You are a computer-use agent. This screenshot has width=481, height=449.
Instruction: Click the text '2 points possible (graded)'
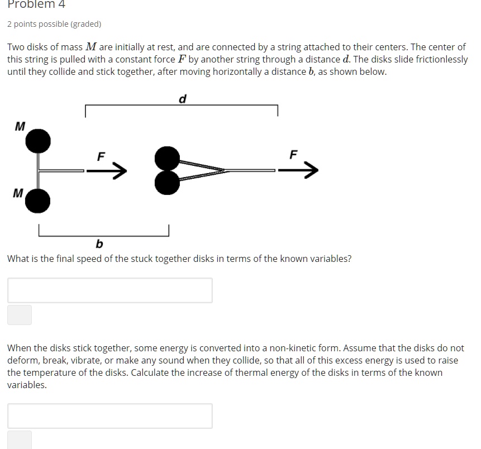tap(54, 24)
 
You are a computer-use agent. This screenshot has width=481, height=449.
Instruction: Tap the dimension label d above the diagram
tap(182, 99)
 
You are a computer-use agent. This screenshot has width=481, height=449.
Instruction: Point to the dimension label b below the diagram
tap(99, 244)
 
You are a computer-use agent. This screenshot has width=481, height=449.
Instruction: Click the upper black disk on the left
tap(38, 141)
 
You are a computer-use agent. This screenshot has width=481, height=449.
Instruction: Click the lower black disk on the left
tap(38, 201)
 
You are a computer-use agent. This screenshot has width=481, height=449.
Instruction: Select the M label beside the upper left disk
tap(20, 126)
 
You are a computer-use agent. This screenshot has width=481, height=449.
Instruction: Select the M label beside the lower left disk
tap(18, 193)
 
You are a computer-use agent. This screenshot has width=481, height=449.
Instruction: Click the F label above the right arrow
tap(294, 154)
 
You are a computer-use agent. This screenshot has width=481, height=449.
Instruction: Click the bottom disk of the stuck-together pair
tap(167, 182)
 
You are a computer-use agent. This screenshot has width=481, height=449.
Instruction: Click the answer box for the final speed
tap(110, 290)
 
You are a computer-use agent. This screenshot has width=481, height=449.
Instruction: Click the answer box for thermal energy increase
tap(110, 416)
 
